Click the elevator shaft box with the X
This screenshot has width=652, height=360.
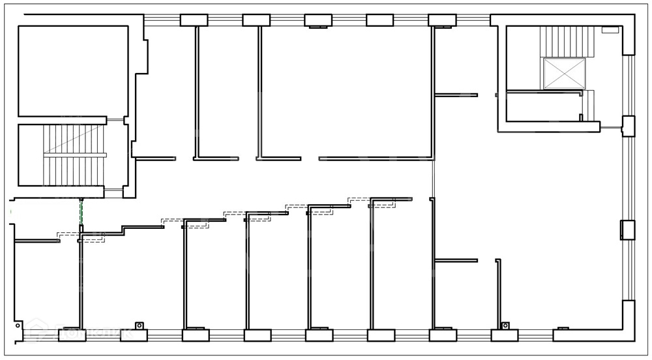tap(565, 72)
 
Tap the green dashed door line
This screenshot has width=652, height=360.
tap(81, 211)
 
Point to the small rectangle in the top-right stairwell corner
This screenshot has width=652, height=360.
tap(610, 30)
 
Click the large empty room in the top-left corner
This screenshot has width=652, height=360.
tap(72, 70)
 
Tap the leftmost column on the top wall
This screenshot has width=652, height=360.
tap(194, 20)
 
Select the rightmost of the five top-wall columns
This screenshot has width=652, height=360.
tap(441, 20)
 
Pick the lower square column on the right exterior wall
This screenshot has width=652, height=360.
tap(627, 230)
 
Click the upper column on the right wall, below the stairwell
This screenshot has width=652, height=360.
tap(628, 125)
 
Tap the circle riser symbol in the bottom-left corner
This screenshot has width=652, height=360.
tap(18, 325)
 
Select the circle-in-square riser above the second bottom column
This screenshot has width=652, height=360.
tap(138, 325)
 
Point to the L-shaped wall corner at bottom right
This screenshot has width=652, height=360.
tap(627, 323)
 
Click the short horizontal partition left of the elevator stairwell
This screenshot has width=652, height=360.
tap(456, 95)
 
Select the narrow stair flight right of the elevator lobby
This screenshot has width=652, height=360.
tap(589, 105)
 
